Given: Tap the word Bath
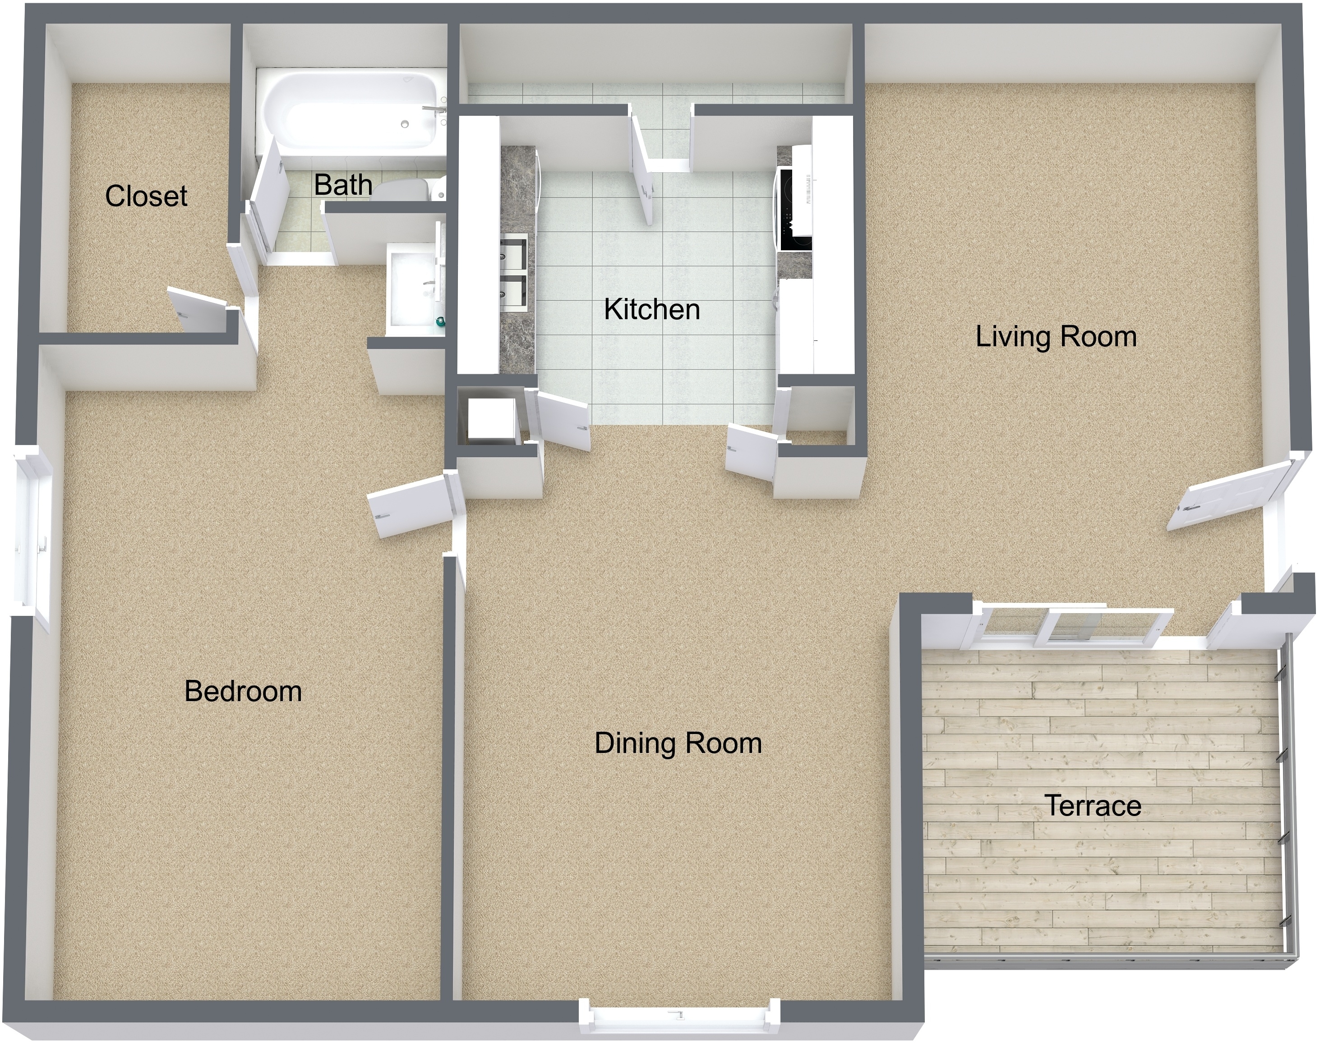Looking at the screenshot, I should (343, 185).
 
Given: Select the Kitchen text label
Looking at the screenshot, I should (651, 310).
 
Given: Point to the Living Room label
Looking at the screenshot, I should (1056, 337).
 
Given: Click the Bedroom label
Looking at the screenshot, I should (243, 692).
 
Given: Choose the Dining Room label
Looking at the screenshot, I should (678, 743).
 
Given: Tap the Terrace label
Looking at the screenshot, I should (1092, 805).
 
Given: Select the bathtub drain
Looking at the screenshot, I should (405, 124).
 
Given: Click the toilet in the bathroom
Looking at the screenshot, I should (407, 190).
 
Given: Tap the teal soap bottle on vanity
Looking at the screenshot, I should (439, 322).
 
